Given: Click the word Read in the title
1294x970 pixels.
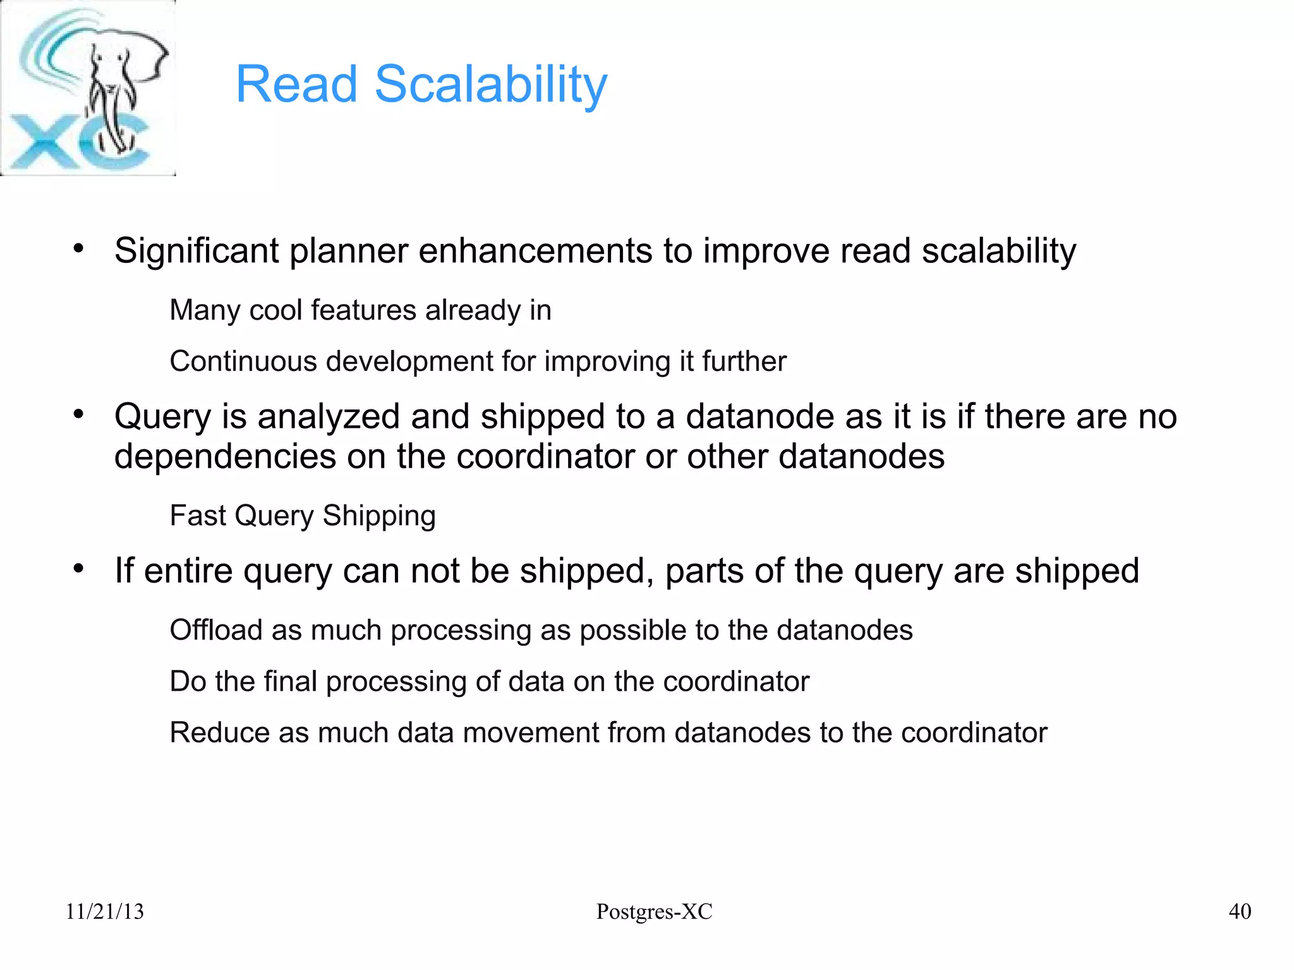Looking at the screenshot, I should pyautogui.click(x=296, y=84).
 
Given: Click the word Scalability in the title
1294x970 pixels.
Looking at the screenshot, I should pyautogui.click(x=490, y=84).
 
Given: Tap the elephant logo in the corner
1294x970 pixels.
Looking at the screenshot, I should pyautogui.click(x=88, y=88).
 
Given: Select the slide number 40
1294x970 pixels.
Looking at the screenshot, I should pyautogui.click(x=1240, y=911).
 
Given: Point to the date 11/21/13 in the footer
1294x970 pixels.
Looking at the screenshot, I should pyautogui.click(x=105, y=911).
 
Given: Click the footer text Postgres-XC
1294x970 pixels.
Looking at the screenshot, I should pyautogui.click(x=654, y=911).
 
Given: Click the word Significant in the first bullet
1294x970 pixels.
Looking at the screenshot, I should pyautogui.click(x=197, y=251).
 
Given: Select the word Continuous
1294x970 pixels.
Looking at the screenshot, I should pyautogui.click(x=243, y=361).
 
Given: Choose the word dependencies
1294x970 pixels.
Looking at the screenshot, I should pyautogui.click(x=225, y=456).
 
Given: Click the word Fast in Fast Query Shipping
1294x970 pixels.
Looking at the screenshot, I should pyautogui.click(x=197, y=516).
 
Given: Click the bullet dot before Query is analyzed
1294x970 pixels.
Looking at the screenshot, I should pyautogui.click(x=78, y=415).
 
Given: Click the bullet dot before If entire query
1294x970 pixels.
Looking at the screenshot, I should pyautogui.click(x=78, y=569).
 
